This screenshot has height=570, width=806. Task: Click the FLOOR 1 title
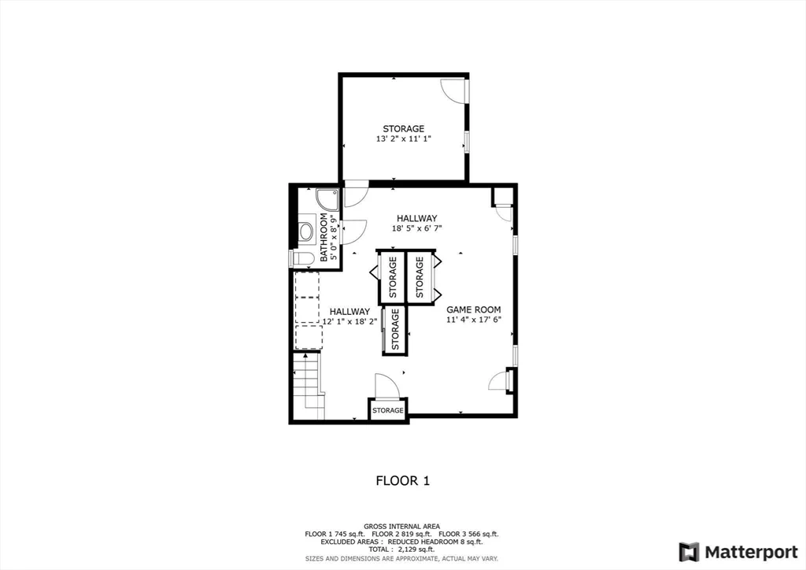pyautogui.click(x=402, y=479)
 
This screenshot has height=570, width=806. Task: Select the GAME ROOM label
pyautogui.click(x=474, y=309)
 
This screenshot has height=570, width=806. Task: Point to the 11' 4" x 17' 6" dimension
pyautogui.click(x=474, y=320)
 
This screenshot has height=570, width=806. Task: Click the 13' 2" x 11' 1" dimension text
pyautogui.click(x=404, y=139)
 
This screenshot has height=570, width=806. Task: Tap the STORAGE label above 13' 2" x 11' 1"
pyautogui.click(x=404, y=128)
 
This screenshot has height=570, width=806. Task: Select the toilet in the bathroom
pyautogui.click(x=302, y=258)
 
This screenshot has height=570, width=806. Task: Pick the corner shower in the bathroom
pyautogui.click(x=326, y=198)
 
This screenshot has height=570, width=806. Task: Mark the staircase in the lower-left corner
pyautogui.click(x=308, y=386)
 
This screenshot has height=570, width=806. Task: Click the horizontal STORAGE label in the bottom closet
pyautogui.click(x=388, y=410)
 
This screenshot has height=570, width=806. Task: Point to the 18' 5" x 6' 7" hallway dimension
pyautogui.click(x=416, y=229)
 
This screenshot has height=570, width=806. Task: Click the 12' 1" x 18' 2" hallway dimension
pyautogui.click(x=349, y=322)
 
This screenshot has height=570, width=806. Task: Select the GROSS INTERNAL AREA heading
pyautogui.click(x=401, y=526)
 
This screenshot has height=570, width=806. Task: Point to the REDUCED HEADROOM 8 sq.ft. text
pyautogui.click(x=441, y=542)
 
